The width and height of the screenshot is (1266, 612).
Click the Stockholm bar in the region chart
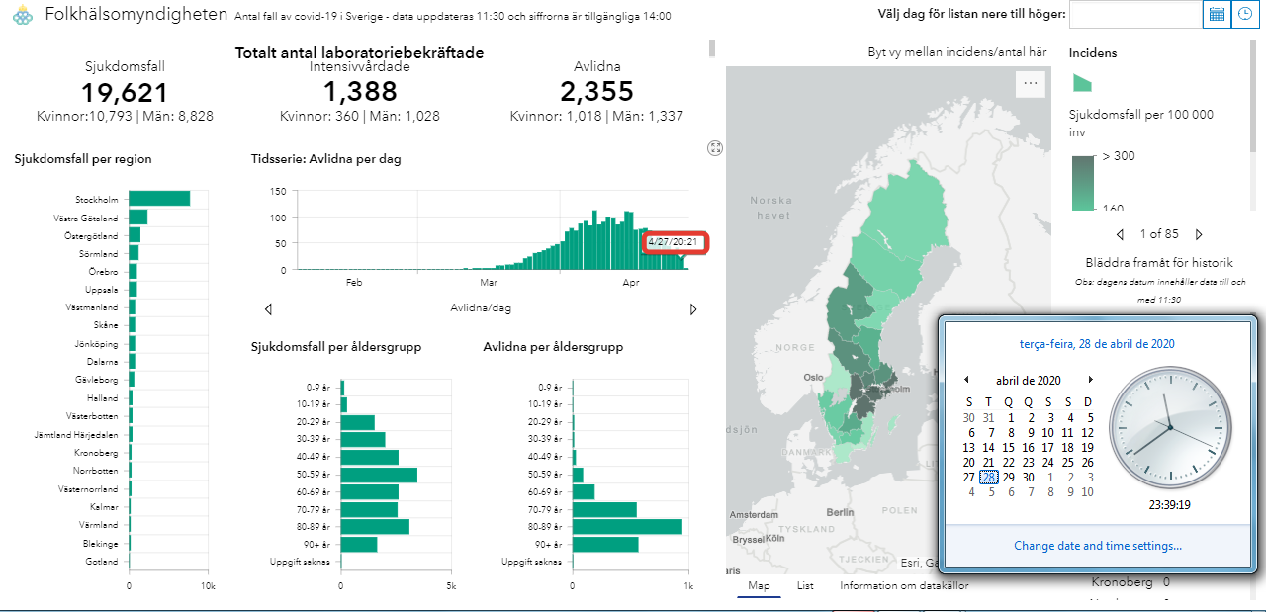tap(159, 199)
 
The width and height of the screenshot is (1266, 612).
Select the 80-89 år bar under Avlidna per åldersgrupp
tap(627, 527)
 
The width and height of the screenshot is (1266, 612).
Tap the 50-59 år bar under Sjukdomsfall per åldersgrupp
tap(379, 475)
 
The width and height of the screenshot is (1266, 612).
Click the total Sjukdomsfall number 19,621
tap(125, 93)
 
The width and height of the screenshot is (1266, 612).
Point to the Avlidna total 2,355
tap(596, 93)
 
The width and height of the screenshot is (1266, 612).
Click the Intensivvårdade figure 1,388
tap(360, 93)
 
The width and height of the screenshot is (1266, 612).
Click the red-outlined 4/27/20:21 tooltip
tap(674, 242)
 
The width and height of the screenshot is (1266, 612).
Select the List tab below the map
tap(805, 585)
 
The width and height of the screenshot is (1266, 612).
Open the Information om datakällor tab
tap(904, 585)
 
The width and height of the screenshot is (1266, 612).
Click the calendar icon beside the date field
tap(1217, 14)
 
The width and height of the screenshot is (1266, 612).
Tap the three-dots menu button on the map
tap(1031, 84)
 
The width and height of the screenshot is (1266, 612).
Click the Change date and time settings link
tap(1097, 546)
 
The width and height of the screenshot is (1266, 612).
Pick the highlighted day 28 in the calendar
tap(988, 477)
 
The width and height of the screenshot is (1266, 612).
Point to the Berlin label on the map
tap(840, 512)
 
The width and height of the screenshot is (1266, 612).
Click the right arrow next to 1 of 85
tap(1199, 235)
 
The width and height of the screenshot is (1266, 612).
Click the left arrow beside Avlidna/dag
tap(268, 309)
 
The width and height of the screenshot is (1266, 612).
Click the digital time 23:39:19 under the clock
tap(1169, 504)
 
